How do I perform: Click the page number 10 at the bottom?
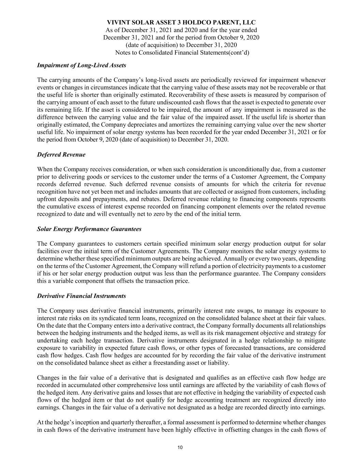pyautogui.click(x=180, y=448)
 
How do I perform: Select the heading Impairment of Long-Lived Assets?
pyautogui.click(x=81, y=65)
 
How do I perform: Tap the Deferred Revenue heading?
pyautogui.click(x=61, y=155)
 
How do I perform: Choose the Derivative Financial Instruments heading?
pyautogui.click(x=81, y=296)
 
